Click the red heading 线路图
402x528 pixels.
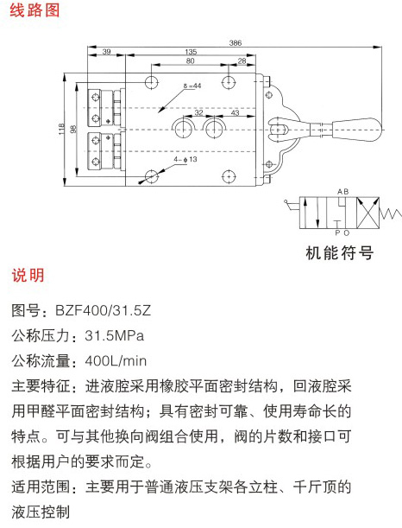(x=35, y=10)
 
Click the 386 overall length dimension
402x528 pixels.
(x=236, y=42)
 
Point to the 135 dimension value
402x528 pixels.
(x=191, y=52)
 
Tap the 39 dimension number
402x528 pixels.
(x=106, y=52)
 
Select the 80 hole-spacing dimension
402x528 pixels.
(x=191, y=60)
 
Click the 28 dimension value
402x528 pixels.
(x=242, y=61)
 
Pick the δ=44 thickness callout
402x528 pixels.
(x=192, y=86)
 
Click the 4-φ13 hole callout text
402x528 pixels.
(x=185, y=159)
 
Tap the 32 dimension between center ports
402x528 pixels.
(x=199, y=112)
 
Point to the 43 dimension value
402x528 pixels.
(x=235, y=112)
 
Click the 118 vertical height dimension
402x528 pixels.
(x=61, y=129)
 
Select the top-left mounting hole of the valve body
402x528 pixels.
(x=152, y=82)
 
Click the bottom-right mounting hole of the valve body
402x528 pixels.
(x=229, y=176)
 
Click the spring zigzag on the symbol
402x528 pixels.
(x=390, y=213)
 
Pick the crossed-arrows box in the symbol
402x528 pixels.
(x=367, y=213)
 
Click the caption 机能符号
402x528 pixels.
(x=340, y=253)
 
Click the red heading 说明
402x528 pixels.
(x=28, y=275)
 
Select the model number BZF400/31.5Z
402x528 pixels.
(x=104, y=310)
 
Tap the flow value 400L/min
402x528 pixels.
(x=116, y=360)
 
